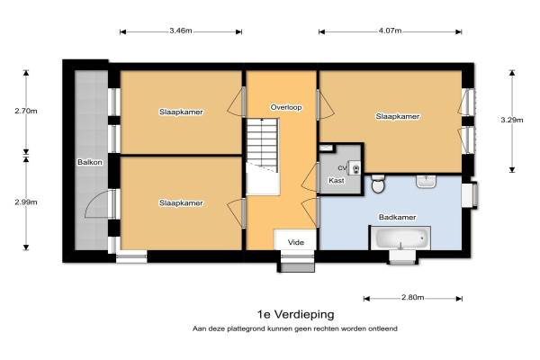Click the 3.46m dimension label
coord(181,31)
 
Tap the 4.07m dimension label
coord(391,31)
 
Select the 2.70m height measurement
coord(26,111)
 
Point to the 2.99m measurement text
coord(26,202)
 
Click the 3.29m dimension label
coord(512,120)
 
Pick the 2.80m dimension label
coord(412,297)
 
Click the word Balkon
coord(90,162)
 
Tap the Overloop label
coord(286,107)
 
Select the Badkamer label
coord(397,217)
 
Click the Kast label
coord(336,181)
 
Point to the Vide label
coord(296,242)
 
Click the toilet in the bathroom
coord(378,184)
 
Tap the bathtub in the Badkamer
coord(400,238)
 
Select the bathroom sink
coord(427,182)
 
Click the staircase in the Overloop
coord(263,157)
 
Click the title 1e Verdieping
coord(296,314)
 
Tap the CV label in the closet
coord(342,168)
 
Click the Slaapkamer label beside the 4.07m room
coord(398,116)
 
